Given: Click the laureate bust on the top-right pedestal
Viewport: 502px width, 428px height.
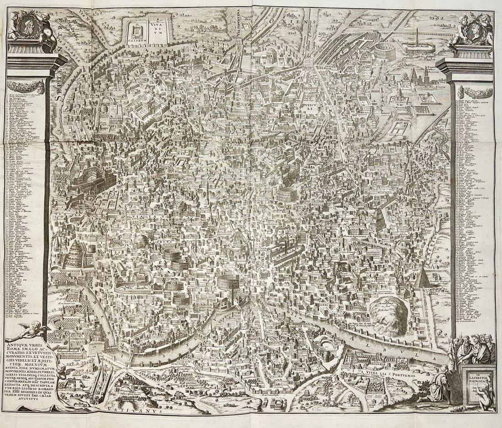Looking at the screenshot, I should coord(472,28).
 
